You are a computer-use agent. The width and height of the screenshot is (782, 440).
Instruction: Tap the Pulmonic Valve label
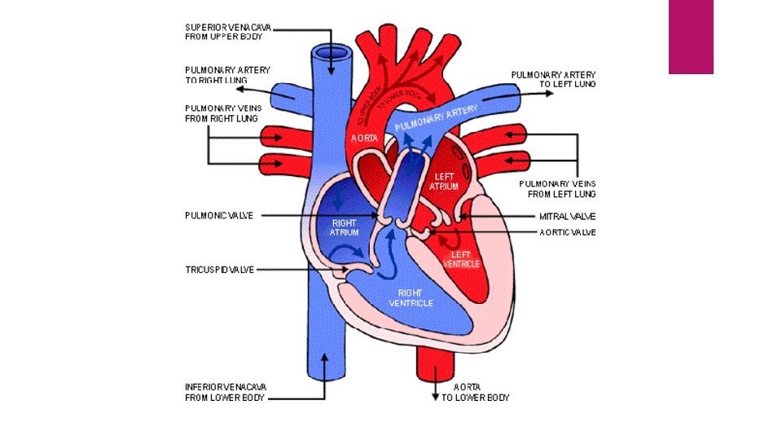pos(219,216)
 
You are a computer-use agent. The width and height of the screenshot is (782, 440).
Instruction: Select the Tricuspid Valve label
pos(220,269)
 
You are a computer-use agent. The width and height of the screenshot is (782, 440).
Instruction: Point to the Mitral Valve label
pos(567,217)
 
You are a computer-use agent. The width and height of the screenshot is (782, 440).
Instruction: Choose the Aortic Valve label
pos(567,232)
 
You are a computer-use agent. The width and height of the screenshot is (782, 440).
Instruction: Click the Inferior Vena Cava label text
pos(225,392)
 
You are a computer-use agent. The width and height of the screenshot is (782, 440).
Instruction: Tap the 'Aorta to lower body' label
pos(475,392)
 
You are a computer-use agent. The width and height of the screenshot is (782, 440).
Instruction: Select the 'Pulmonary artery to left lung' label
pos(553,79)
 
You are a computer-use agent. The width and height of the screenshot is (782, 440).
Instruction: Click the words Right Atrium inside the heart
pos(344,227)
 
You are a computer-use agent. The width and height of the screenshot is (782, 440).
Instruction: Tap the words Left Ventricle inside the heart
pos(461,260)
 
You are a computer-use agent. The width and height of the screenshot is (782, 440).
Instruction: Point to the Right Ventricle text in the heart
pos(415,297)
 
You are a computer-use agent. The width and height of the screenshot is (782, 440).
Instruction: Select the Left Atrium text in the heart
pos(445,181)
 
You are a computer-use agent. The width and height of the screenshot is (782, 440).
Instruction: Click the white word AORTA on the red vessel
pos(364,139)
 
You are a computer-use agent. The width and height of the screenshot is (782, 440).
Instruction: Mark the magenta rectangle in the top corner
pos(691,37)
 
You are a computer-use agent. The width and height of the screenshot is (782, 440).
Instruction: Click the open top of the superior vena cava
pos(331,54)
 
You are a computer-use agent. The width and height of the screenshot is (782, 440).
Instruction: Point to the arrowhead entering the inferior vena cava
pos(324,356)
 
